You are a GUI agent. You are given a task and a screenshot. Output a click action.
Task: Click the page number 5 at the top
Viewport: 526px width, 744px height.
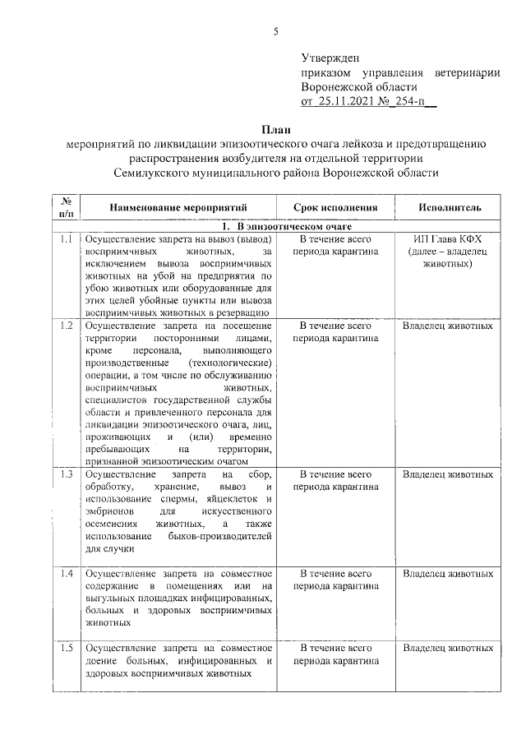(x=276, y=32)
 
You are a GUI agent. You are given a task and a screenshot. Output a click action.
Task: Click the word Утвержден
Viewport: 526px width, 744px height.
(x=330, y=59)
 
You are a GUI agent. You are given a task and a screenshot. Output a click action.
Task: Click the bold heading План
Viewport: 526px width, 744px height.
(x=275, y=129)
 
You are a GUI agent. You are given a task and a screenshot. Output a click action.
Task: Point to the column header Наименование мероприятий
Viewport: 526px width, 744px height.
(x=178, y=208)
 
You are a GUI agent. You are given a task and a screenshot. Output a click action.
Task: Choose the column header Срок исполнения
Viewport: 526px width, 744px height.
(x=336, y=208)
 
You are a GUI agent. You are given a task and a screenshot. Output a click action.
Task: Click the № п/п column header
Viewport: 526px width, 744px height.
(x=66, y=207)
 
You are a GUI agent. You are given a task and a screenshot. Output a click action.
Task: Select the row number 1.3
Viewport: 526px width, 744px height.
(x=66, y=474)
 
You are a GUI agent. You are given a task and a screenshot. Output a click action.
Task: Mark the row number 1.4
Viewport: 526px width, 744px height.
(x=66, y=573)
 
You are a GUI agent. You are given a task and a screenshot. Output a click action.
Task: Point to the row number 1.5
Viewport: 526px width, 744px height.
(x=66, y=648)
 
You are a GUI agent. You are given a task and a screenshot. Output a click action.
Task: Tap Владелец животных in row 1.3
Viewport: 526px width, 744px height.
(x=448, y=474)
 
